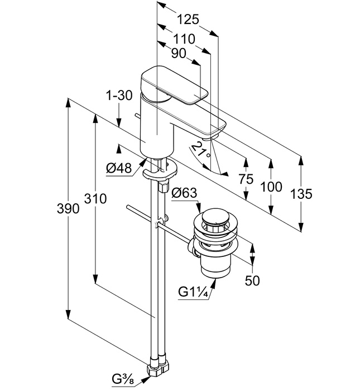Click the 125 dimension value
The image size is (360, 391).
coord(188,20)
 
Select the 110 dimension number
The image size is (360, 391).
coord(183,39)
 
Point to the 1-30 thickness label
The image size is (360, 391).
coord(119,97)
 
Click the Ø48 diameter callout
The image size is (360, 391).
coord(118,167)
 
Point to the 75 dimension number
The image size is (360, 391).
coord(246,180)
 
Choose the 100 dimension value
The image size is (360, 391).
coord(271,187)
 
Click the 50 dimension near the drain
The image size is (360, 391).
coord(252,281)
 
